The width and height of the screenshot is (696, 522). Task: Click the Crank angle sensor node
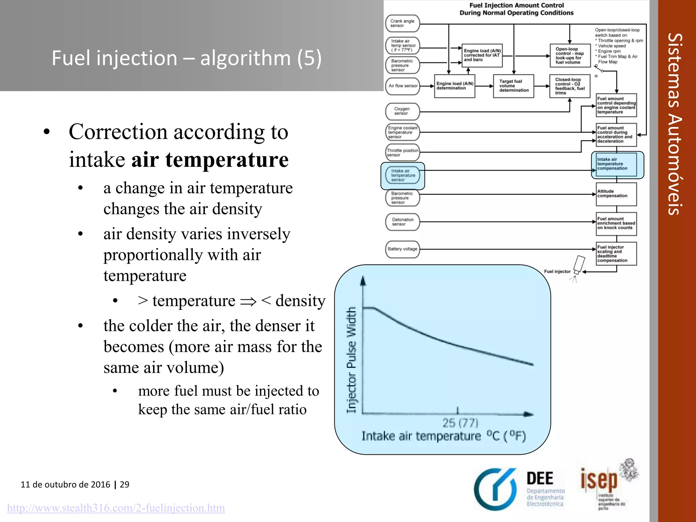tap(402, 23)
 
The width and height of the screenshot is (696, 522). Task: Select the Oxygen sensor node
tap(402, 111)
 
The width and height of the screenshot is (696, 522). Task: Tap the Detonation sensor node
tap(402, 222)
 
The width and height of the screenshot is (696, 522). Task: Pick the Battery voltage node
tap(402, 249)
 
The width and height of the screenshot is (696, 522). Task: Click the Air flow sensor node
tap(403, 86)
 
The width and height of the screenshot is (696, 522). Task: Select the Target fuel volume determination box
tap(514, 86)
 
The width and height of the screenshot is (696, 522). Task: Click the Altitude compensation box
tap(616, 194)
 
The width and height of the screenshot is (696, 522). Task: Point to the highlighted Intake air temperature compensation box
tap(616, 164)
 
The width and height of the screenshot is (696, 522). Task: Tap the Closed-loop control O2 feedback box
tap(570, 86)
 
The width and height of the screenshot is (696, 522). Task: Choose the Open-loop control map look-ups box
tap(570, 56)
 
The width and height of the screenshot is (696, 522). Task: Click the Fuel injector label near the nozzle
tap(557, 272)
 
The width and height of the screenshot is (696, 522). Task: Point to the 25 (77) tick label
tap(460, 423)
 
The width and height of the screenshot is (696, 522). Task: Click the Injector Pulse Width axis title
tap(351, 360)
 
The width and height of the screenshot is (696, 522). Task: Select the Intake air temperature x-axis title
tap(443, 436)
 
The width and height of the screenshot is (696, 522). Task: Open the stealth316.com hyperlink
tap(116, 508)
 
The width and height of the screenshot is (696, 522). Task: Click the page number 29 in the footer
tap(125, 485)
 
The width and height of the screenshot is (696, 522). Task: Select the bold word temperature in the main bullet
tap(227, 159)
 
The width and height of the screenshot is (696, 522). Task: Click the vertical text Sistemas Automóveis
tap(675, 124)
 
